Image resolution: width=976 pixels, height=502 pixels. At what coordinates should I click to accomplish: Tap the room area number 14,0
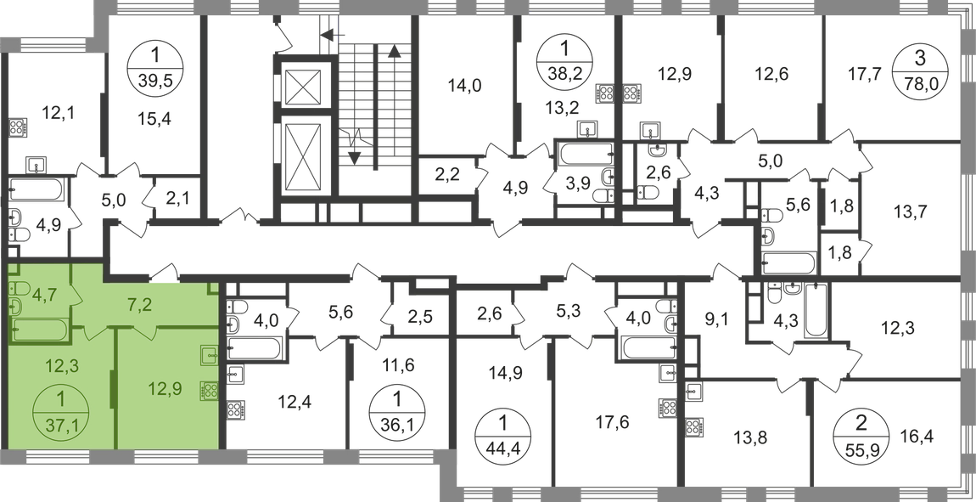click(465, 85)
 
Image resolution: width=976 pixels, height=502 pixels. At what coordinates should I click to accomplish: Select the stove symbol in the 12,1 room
click(18, 127)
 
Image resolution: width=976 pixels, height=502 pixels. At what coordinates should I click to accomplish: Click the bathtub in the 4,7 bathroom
click(41, 330)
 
